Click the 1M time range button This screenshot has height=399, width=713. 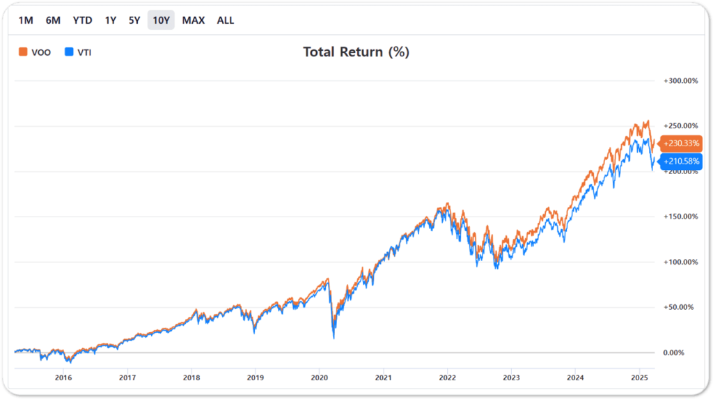26,20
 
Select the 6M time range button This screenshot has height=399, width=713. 53,20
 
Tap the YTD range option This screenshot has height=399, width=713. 82,20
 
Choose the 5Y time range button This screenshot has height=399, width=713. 134,20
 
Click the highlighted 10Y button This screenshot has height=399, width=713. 161,20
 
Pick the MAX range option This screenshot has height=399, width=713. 194,20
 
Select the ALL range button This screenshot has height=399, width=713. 226,20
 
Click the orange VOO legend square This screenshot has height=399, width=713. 23,52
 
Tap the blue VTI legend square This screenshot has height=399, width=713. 69,52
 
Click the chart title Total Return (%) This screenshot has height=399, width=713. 356,52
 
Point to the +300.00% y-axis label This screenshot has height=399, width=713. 681,81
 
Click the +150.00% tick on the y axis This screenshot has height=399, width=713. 681,217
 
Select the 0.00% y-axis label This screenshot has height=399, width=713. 673,352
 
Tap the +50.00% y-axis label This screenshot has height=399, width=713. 678,307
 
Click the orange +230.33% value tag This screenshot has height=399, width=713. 680,143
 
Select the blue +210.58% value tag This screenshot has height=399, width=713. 680,162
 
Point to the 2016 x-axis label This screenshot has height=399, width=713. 63,377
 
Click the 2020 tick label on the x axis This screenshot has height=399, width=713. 319,377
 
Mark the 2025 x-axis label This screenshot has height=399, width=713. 639,377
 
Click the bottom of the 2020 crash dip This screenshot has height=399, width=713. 334,338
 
